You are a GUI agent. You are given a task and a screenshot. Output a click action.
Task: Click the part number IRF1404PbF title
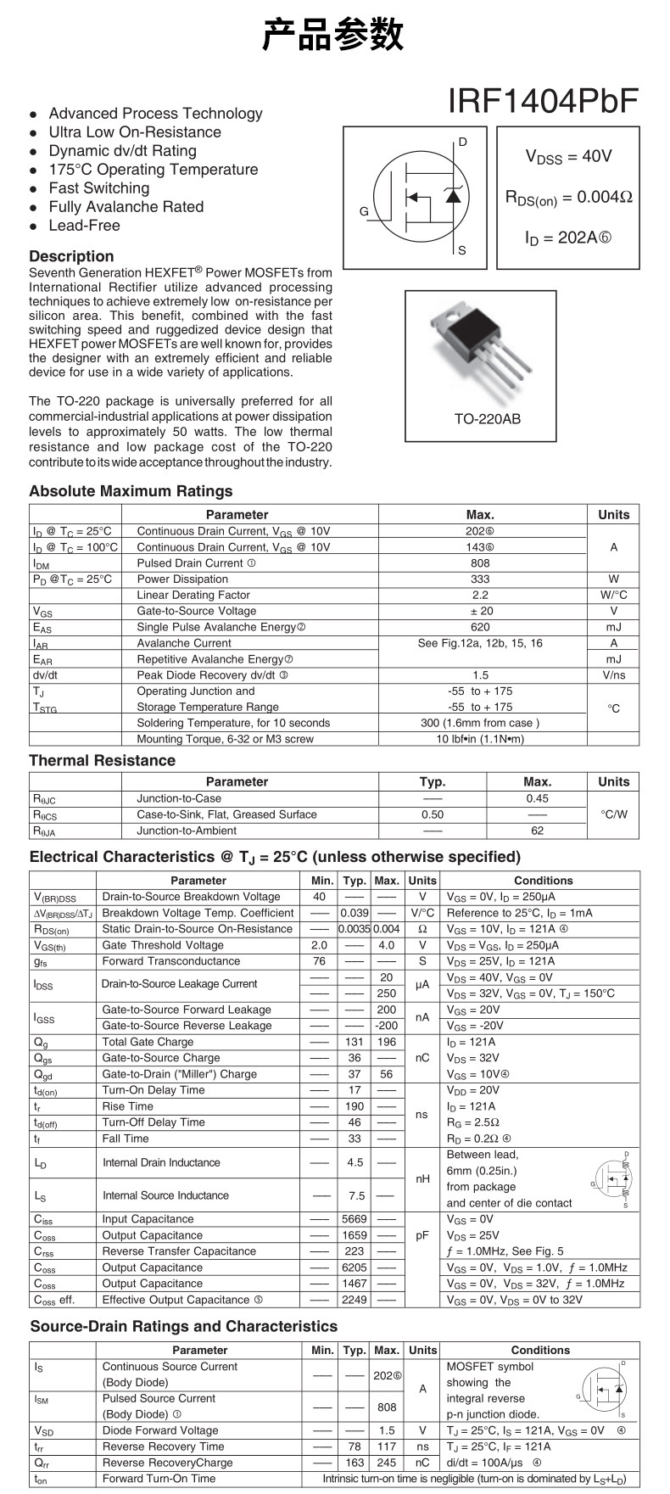coord(543,101)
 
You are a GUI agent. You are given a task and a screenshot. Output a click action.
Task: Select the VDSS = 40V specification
coord(568,156)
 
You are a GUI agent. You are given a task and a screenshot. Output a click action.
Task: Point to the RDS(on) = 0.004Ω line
coord(568,197)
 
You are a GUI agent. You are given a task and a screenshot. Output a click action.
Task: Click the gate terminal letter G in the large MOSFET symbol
coord(364,211)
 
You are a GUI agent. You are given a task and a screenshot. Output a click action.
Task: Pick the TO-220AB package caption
coord(487,419)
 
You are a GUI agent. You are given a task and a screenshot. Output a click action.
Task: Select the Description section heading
coord(71,256)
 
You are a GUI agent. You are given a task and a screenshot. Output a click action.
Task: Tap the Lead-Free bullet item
coord(84,226)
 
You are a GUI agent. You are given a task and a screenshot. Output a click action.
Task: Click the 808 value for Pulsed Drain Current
coord(480,563)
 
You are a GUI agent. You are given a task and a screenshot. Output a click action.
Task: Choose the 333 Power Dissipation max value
coord(480,579)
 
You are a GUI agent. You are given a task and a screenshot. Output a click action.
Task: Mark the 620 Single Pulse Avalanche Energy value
coord(480,627)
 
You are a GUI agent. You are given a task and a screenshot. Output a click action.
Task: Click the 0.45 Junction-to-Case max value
coord(537,798)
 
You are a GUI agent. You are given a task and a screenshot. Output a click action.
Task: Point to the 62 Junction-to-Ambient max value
coord(537,831)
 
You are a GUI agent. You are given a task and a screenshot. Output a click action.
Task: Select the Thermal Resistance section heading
coord(102,760)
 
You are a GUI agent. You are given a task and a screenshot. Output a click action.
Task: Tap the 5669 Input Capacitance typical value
coord(355,1219)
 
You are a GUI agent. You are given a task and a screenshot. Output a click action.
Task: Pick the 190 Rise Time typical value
coord(355,1106)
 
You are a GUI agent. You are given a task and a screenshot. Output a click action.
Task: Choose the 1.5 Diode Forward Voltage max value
coord(387,1430)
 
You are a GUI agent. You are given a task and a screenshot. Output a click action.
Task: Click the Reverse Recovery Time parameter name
coord(163,1446)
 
